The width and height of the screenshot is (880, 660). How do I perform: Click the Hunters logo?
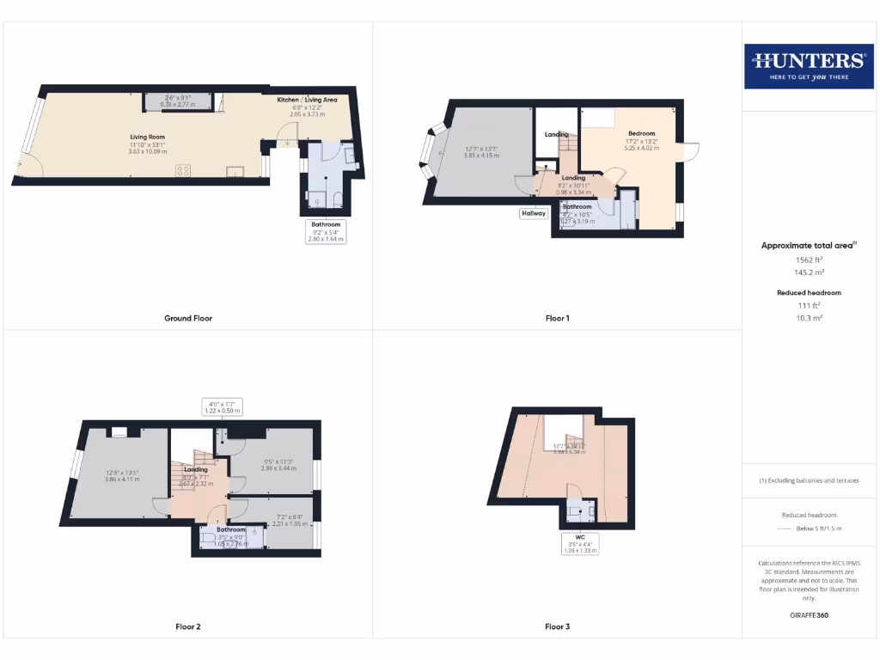(x=808, y=66)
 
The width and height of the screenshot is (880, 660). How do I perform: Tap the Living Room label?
(x=148, y=137)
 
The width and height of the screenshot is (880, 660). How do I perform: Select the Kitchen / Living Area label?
(x=307, y=100)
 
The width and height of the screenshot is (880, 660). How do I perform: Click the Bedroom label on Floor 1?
(x=641, y=133)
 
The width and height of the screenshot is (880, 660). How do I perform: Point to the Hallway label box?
(x=533, y=213)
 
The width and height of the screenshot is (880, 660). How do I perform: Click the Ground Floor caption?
(x=188, y=318)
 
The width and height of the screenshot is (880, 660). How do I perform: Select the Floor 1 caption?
(x=557, y=318)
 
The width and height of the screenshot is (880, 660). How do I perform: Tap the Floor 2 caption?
(x=188, y=626)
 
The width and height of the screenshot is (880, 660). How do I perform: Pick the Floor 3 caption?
(x=557, y=626)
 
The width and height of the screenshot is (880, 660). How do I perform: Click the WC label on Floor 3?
(x=581, y=538)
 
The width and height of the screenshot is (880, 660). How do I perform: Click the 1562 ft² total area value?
(x=808, y=260)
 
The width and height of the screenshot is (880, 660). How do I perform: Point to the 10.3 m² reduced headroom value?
(x=808, y=318)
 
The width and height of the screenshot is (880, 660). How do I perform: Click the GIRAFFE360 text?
(x=808, y=615)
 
